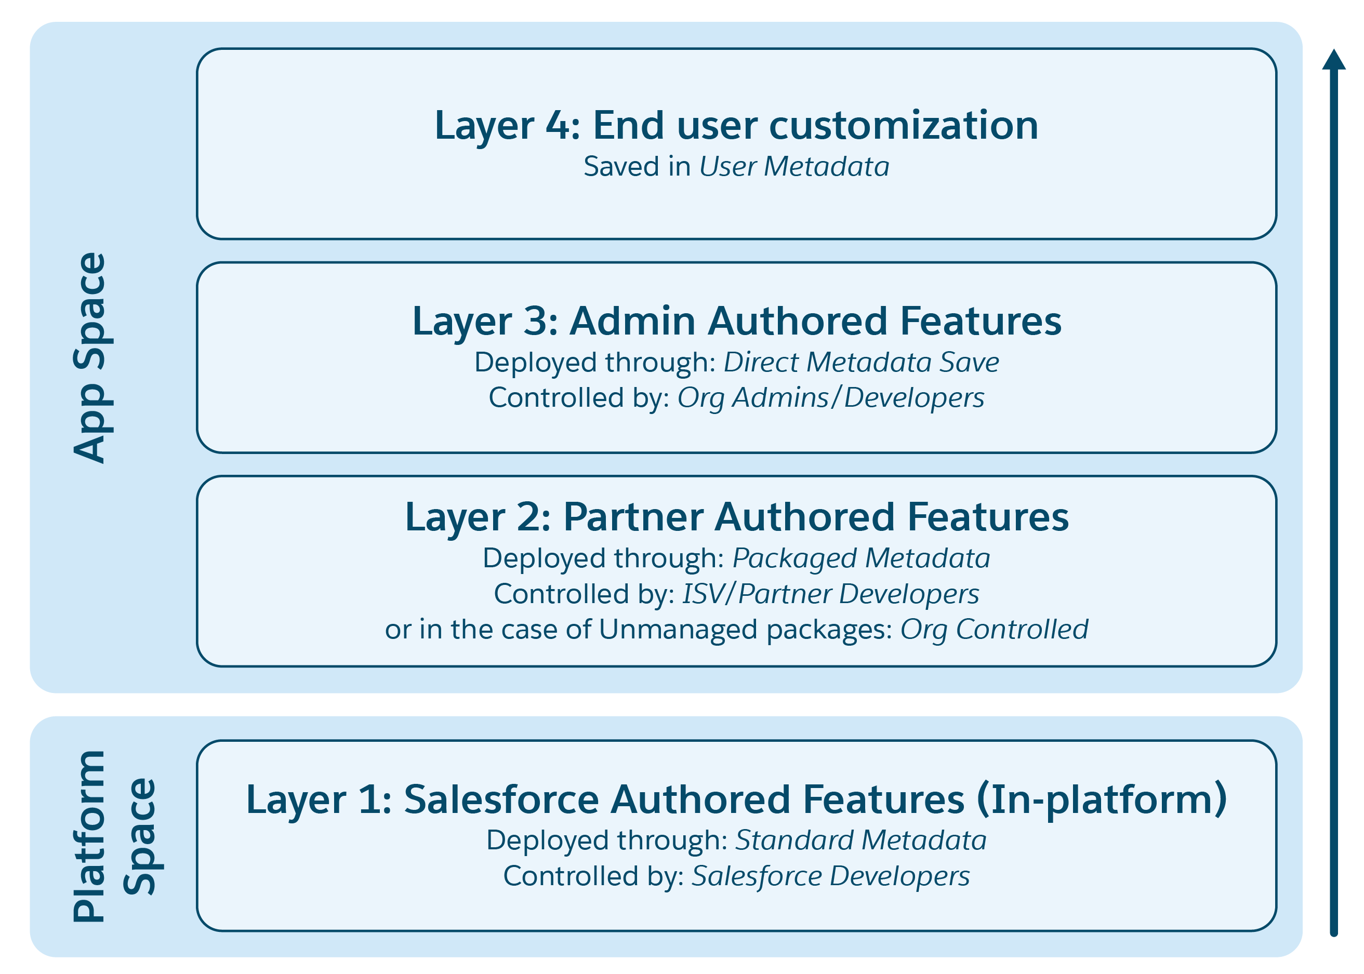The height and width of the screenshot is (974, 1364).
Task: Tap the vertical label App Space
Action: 90,357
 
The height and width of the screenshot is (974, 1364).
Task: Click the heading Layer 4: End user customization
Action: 736,125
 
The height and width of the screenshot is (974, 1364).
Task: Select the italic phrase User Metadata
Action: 793,167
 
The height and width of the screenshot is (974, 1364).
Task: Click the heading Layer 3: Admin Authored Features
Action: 736,321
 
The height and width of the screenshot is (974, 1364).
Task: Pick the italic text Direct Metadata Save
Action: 860,362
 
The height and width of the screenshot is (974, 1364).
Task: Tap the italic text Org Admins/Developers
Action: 830,397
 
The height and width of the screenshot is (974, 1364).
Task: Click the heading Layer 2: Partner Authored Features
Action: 736,517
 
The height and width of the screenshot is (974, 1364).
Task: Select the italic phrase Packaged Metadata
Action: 860,558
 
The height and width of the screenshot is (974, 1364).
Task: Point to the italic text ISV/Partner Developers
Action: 830,594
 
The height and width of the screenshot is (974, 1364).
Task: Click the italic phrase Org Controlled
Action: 994,629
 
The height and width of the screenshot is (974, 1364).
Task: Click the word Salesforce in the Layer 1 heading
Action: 501,799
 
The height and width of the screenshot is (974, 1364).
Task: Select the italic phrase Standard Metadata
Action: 860,840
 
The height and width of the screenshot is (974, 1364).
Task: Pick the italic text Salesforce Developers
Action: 830,876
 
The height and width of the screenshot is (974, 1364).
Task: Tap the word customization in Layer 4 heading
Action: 903,125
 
